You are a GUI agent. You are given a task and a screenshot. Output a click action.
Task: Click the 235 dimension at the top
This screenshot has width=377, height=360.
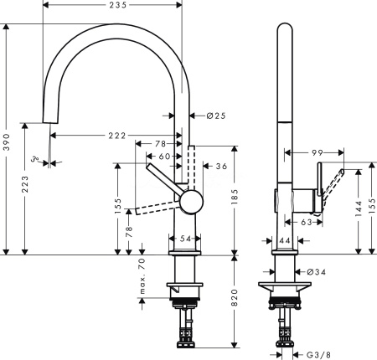(x=116, y=6)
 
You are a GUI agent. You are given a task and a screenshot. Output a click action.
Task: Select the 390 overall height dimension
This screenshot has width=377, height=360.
(x=7, y=140)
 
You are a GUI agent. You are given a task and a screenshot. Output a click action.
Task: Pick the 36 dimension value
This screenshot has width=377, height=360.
(x=222, y=167)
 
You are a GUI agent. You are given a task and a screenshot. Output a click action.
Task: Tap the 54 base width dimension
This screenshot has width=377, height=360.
(x=185, y=240)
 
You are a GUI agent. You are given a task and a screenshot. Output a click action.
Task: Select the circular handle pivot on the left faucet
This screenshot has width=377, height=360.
(x=190, y=202)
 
